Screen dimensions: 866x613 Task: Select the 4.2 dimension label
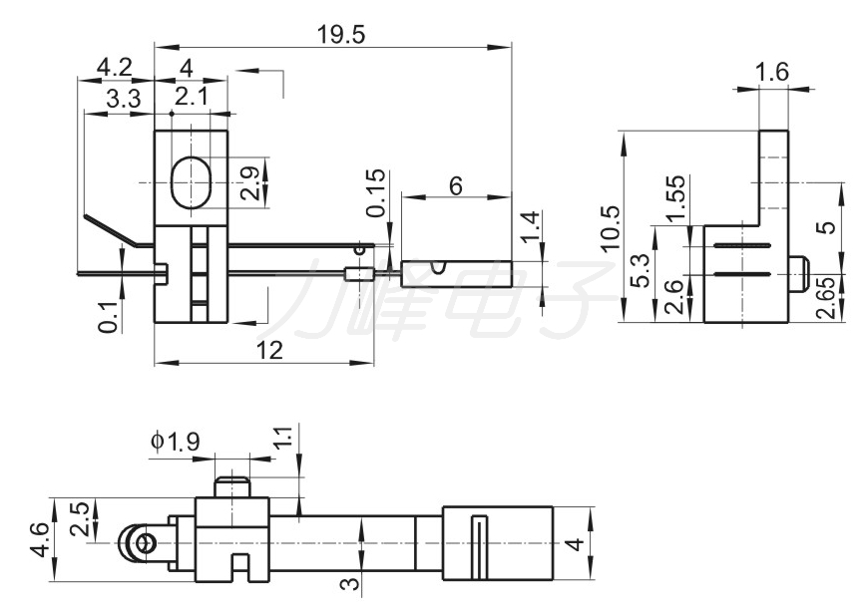tap(115, 68)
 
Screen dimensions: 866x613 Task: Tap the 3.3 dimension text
tap(124, 100)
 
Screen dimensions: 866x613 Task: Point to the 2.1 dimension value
tap(192, 97)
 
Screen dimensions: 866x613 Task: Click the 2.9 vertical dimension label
tap(250, 183)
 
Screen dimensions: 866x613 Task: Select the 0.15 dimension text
tap(375, 193)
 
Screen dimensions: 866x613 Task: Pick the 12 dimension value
tap(270, 350)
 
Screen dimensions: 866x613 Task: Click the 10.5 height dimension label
tap(611, 229)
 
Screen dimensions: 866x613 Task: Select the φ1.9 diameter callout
tap(175, 442)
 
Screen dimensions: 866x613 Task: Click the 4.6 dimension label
tap(40, 540)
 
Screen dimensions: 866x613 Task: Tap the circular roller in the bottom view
tap(137, 543)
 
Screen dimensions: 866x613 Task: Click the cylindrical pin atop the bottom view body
tap(231, 486)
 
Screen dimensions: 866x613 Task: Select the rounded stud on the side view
tap(798, 274)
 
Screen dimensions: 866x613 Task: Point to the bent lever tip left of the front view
tap(111, 229)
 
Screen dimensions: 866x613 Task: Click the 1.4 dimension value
tap(529, 226)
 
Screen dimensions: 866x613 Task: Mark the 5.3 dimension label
tap(642, 270)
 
